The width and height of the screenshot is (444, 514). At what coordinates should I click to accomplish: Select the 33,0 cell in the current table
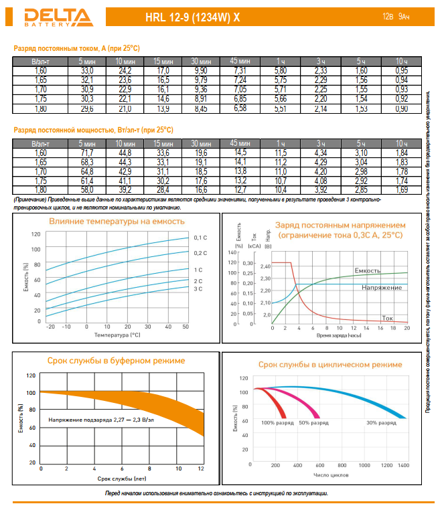87,70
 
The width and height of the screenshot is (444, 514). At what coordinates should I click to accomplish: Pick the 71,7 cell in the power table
87,154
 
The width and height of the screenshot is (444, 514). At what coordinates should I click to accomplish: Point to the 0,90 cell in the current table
402,108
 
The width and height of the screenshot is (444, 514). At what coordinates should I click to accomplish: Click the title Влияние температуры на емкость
117,222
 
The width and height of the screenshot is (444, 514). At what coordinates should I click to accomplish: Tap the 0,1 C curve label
200,238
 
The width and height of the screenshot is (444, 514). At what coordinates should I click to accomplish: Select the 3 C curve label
198,288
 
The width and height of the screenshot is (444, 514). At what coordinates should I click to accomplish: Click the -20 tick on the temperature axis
50,326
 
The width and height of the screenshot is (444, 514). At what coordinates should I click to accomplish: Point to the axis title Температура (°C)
118,334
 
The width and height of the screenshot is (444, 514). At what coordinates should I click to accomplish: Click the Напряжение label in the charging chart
382,287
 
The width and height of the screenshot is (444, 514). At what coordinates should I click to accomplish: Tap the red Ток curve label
387,317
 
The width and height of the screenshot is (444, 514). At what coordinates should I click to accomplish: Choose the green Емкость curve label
386,270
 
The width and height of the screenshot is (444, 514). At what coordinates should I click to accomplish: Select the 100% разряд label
277,423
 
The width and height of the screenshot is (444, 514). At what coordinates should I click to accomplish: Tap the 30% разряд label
381,423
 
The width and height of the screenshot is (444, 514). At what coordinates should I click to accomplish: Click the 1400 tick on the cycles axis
403,464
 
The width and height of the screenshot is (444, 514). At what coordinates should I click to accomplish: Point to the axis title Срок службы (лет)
121,479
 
